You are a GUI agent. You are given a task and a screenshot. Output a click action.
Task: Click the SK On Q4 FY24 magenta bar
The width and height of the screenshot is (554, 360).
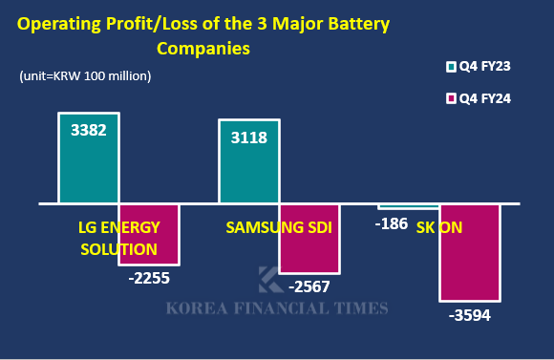(469, 253)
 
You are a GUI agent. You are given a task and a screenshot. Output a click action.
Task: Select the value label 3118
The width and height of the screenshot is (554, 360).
(248, 137)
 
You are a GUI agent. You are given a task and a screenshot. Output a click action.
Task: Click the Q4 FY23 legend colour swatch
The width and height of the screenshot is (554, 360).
(452, 67)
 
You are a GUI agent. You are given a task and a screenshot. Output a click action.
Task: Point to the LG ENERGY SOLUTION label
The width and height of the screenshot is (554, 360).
(118, 238)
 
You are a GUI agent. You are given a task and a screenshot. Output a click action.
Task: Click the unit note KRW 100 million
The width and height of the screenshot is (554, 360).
(85, 75)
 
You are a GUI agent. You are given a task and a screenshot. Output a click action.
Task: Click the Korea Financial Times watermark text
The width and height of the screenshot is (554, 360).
(277, 308)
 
